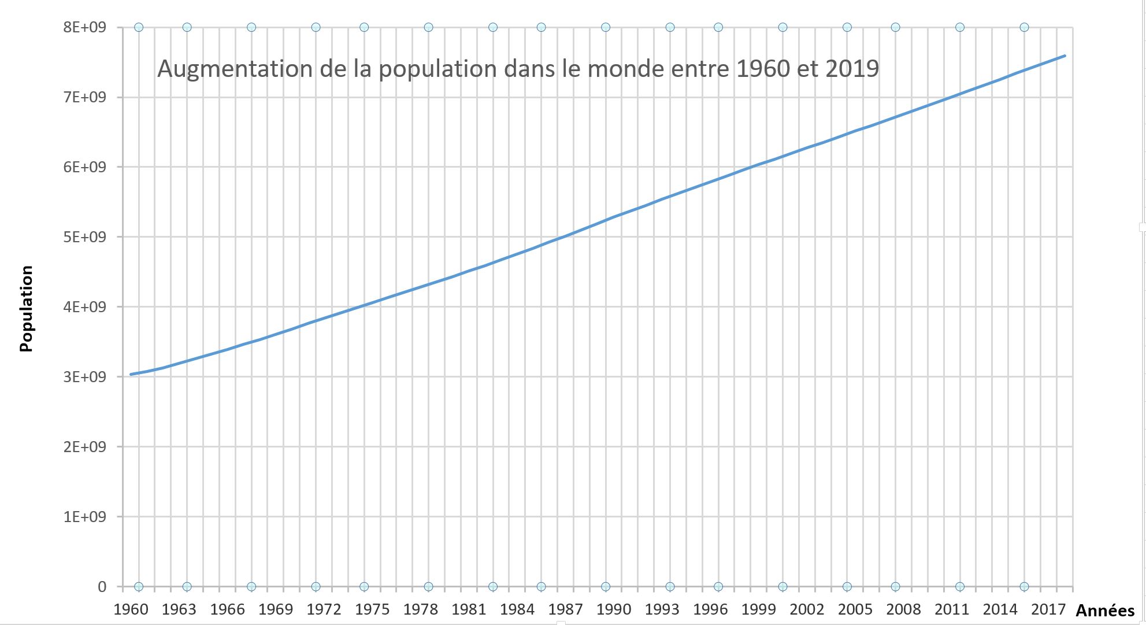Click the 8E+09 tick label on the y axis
(85, 27)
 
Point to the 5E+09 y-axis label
(85, 237)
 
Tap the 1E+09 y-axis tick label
(85, 516)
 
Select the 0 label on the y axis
(102, 587)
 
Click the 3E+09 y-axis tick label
(85, 377)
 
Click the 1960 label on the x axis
(131, 609)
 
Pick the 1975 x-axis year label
(373, 609)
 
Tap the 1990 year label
(614, 609)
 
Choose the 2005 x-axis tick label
(855, 609)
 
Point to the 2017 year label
(1048, 609)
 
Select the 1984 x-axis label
(517, 609)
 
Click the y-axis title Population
(27, 309)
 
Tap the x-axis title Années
(1105, 611)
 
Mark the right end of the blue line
(1065, 56)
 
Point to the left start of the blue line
(131, 374)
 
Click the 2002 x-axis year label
(807, 609)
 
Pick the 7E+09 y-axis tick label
(85, 97)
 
